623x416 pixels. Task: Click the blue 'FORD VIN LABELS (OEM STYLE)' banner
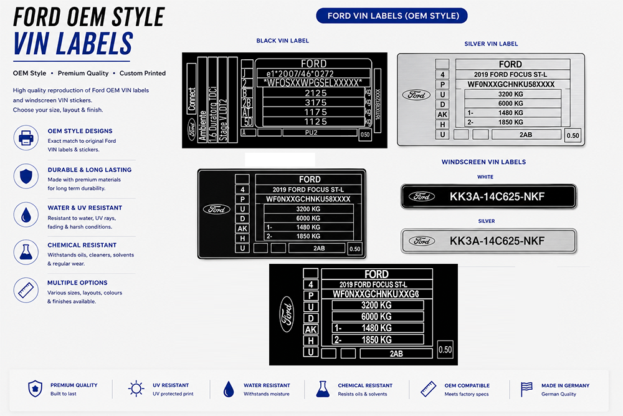[x=392, y=16]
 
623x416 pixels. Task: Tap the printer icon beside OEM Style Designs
[x=26, y=138]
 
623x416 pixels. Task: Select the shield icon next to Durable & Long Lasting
[x=26, y=176]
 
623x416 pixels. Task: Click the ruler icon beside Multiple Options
[x=26, y=290]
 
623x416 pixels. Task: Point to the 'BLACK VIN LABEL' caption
[x=282, y=41]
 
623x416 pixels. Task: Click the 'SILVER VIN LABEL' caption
[x=491, y=44]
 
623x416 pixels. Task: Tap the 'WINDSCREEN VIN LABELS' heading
[x=483, y=162]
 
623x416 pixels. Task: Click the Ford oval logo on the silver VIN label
[x=416, y=95]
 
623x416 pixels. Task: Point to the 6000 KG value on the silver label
[x=511, y=104]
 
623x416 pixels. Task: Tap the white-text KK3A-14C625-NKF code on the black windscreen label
[x=497, y=196]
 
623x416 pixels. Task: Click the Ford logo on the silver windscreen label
[x=422, y=241]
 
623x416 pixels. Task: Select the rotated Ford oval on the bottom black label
[x=287, y=314]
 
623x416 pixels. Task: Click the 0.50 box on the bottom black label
[x=445, y=350]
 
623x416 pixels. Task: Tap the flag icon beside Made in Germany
[x=526, y=389]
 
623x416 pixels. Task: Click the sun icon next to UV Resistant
[x=136, y=389]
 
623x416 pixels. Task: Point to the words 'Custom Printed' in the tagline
[x=143, y=73]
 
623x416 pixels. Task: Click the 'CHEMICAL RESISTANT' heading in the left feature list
[x=82, y=245]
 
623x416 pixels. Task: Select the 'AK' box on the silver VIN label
[x=442, y=115]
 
